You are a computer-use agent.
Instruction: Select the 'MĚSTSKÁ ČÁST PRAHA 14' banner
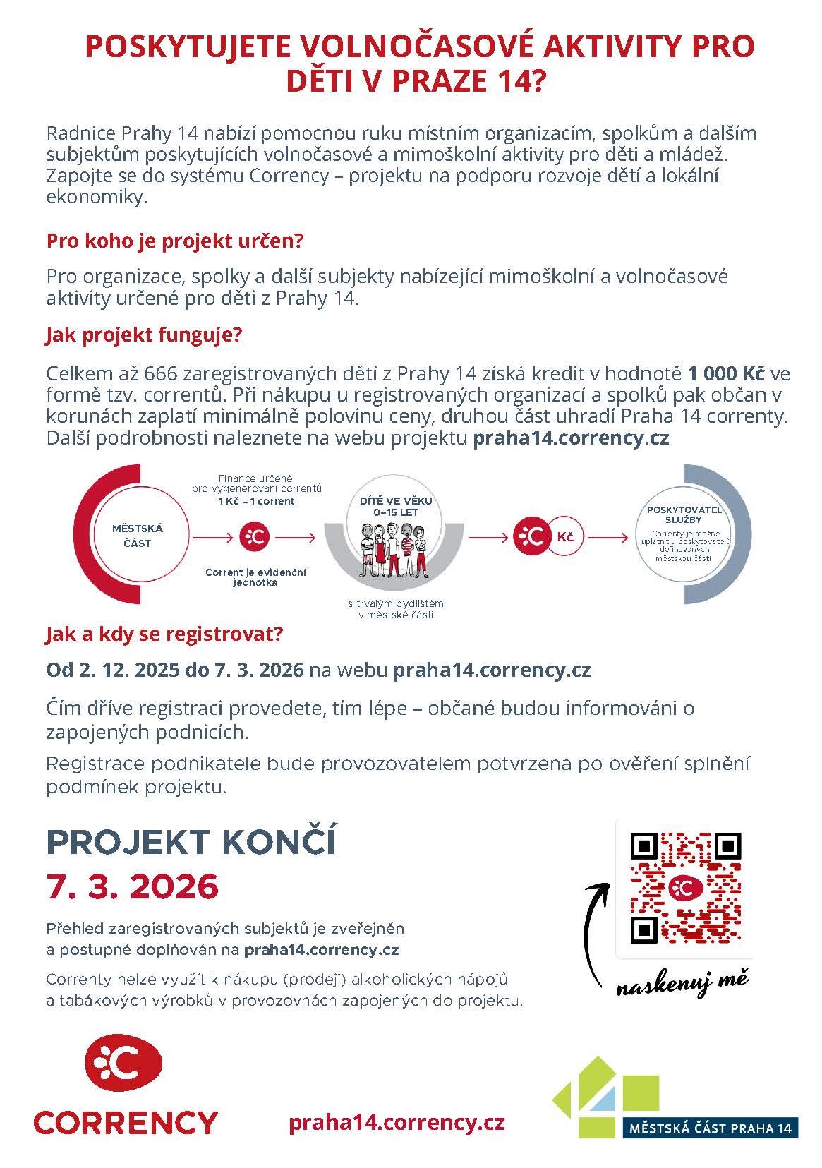coord(710,1128)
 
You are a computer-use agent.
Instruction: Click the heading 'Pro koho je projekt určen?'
coord(174,241)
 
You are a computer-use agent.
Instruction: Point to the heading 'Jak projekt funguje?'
coord(144,334)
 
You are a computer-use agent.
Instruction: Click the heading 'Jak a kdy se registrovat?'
coord(164,633)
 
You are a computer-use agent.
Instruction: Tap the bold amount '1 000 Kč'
coord(726,373)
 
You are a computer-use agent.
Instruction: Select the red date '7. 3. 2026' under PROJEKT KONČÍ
coord(133,886)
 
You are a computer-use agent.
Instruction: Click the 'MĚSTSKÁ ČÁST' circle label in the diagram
coord(138,536)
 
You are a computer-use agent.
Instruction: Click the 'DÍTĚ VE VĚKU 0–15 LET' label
coord(395,506)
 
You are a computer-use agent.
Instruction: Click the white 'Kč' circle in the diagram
coord(564,537)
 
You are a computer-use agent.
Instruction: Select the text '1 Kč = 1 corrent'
coord(256,501)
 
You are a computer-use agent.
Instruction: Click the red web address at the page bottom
coord(397,1121)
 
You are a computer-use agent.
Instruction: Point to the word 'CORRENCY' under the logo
coord(126,1121)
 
